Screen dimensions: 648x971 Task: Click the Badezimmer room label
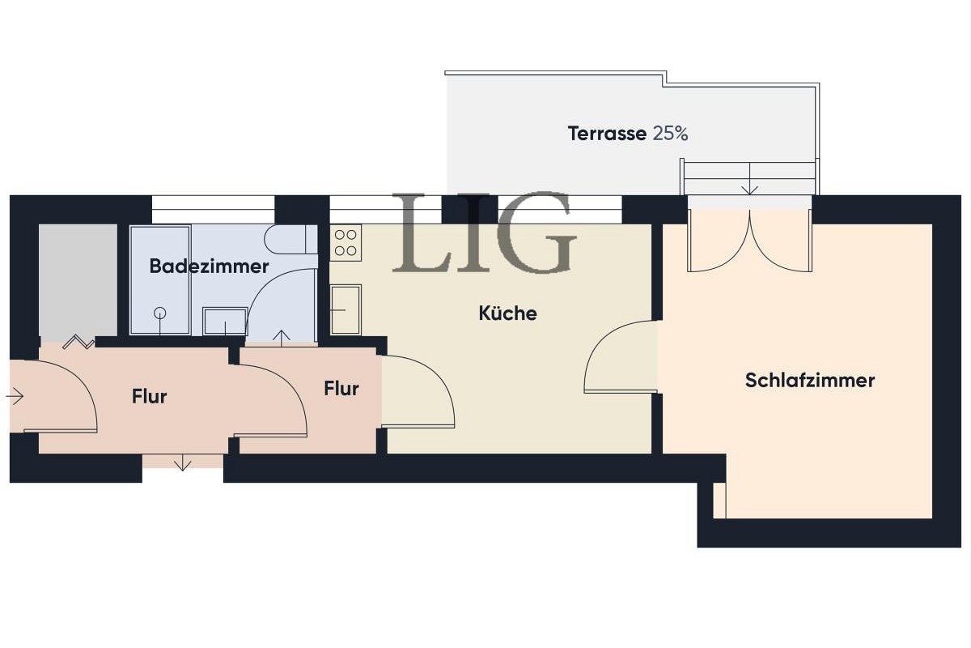209,266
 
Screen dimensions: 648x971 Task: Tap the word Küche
507,313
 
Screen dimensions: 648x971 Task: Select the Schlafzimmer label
809,380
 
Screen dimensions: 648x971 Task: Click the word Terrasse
607,134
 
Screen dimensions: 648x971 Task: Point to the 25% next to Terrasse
671,134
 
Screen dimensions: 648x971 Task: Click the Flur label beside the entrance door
149,396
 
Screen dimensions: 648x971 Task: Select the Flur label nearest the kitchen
341,389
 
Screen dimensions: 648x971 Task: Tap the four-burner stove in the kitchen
346,241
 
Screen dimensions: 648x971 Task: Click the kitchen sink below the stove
346,309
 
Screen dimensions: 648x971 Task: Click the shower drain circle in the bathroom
160,313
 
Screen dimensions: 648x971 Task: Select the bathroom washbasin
225,320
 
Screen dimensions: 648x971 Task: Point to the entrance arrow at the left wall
15,396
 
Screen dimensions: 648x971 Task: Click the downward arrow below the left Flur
183,463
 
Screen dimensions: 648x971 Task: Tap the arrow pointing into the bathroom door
282,336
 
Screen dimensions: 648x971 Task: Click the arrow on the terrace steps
749,188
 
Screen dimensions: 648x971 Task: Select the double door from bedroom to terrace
749,241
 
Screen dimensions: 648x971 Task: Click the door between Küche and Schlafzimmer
620,357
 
